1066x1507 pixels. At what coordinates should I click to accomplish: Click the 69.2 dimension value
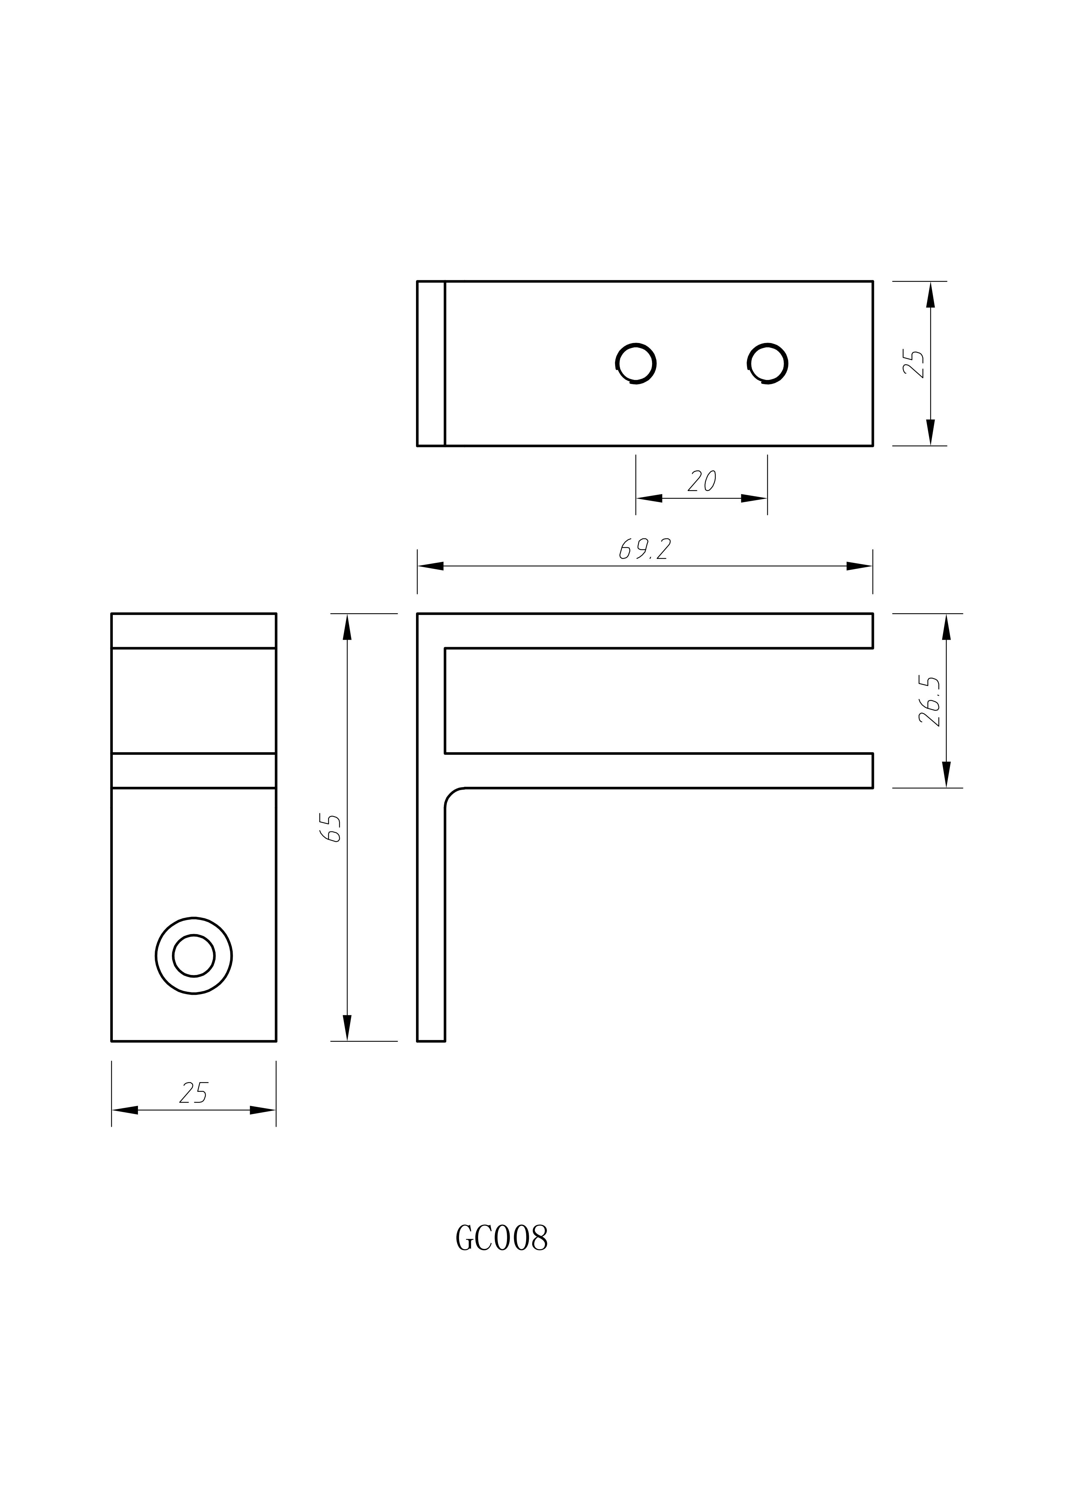click(x=645, y=549)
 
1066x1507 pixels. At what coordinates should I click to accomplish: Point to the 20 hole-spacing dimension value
click(x=702, y=481)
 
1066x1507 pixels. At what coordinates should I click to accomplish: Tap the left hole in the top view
click(x=636, y=363)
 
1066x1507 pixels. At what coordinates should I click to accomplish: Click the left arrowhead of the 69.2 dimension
click(x=430, y=566)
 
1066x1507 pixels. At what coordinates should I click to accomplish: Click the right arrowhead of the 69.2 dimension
click(x=860, y=566)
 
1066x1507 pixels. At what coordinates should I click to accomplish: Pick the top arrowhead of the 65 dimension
click(x=347, y=627)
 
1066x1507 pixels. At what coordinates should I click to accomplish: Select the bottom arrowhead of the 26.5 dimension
click(x=946, y=775)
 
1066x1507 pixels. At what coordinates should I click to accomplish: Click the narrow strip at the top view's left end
click(x=431, y=363)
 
